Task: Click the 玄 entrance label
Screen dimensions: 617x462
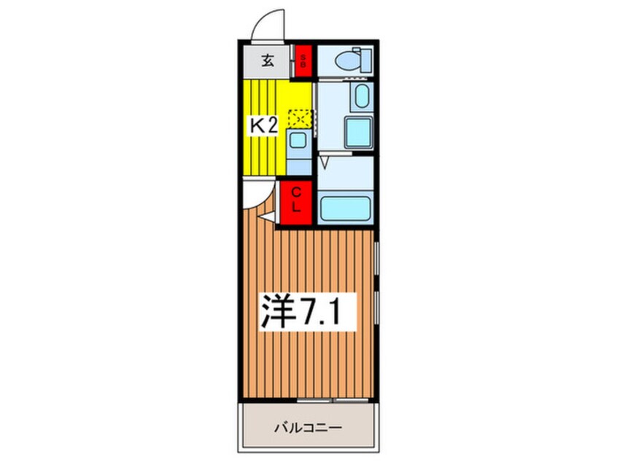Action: click(268, 61)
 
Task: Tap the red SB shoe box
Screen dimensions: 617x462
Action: click(303, 62)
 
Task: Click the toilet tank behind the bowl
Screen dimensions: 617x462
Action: click(366, 60)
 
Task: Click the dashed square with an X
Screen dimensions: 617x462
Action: click(300, 119)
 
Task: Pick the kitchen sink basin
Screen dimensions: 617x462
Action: click(299, 141)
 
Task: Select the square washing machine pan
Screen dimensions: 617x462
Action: click(358, 133)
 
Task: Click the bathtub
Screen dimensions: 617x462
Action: click(346, 208)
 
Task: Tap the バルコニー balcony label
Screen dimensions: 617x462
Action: click(308, 428)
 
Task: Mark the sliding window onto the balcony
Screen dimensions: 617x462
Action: click(333, 400)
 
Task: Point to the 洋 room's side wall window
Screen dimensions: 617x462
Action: click(376, 282)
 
